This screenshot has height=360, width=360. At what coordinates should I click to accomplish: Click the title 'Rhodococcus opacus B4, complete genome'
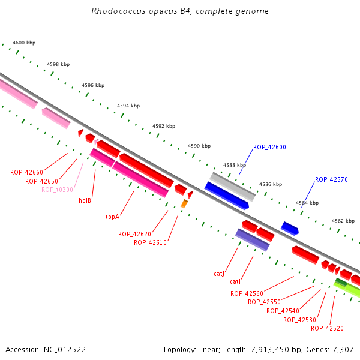tap(180, 11)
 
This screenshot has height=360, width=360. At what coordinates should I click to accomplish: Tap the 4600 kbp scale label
tap(24, 43)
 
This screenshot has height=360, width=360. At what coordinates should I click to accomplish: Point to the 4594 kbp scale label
tap(128, 106)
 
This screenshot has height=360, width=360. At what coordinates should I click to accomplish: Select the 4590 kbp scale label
tap(199, 146)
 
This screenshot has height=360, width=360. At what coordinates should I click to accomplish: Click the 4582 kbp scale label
tap(343, 221)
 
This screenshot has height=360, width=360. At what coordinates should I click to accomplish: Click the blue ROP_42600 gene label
tap(269, 147)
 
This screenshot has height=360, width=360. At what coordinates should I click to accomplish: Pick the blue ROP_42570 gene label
tap(331, 179)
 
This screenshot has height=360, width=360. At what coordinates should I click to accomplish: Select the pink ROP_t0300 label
tap(57, 190)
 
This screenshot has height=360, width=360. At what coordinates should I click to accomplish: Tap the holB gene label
tap(85, 200)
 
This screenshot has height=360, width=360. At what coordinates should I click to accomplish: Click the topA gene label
tap(113, 217)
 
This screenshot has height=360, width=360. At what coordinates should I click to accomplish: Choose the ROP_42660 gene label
tap(26, 172)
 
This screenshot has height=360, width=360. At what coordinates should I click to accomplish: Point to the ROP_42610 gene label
tap(150, 242)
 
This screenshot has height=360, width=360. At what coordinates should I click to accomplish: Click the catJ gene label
tap(219, 274)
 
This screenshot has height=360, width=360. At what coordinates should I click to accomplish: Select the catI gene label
tap(235, 282)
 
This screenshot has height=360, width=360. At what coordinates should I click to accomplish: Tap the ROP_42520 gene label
tap(327, 328)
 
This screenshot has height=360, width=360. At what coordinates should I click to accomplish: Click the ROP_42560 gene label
tap(247, 293)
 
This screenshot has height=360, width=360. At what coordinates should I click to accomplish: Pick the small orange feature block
tap(184, 203)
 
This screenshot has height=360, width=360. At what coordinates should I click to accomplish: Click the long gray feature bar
tap(233, 187)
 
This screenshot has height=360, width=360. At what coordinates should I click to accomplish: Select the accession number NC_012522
tap(65, 350)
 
